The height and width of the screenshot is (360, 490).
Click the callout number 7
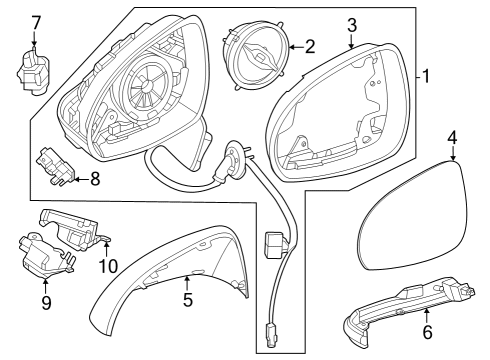coord(35,24)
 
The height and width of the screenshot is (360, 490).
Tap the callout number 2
coord(310,47)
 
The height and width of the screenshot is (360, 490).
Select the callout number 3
coord(352,25)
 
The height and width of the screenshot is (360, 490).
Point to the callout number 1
coord(426,76)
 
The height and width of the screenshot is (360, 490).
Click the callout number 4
coord(453,138)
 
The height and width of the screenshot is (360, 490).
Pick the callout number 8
coord(95,179)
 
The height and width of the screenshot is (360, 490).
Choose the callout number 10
coord(109,266)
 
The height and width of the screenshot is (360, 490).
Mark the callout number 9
coord(46,302)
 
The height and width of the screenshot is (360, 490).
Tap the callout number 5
coord(188,299)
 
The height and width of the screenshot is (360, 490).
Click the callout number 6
coord(427,332)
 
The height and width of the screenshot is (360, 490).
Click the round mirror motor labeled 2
coord(255,55)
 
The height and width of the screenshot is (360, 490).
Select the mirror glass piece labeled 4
coord(412,215)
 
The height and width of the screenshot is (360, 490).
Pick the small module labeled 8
coord(57,166)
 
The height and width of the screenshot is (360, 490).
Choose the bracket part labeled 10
coord(74,230)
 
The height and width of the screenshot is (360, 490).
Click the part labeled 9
coord(45,255)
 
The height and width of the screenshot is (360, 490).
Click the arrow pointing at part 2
coord(296,47)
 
